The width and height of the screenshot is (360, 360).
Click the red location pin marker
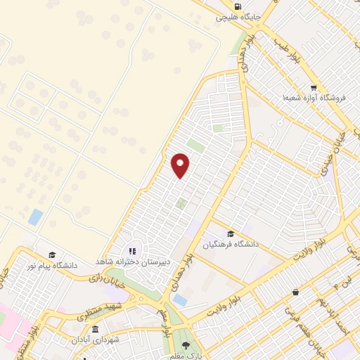[181, 165]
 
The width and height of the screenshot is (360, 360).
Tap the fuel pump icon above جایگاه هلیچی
[245, 5]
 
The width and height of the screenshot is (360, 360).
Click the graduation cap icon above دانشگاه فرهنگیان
[231, 234]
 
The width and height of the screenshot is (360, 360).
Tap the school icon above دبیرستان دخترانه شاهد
[131, 251]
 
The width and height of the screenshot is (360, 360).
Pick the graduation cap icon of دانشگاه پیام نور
[51, 255]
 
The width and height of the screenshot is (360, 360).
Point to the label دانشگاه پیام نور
[51, 266]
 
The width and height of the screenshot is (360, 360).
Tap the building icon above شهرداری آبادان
[95, 328]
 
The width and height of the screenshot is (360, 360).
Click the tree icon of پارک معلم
[186, 345]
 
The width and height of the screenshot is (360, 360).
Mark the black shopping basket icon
[295, 292]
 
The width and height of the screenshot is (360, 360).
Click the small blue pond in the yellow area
[35, 217]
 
